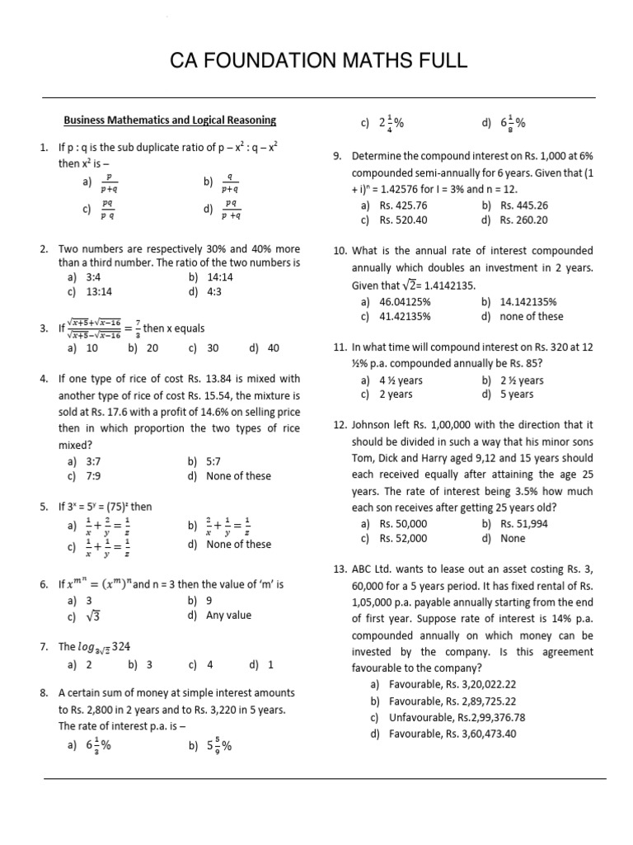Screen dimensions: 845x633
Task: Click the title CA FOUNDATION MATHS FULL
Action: pos(318,60)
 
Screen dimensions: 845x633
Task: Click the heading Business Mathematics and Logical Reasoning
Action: pos(170,120)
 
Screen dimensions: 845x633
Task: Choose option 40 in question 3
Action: pos(274,348)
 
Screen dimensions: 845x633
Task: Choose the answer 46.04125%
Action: pos(405,302)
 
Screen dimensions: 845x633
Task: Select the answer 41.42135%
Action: pos(405,316)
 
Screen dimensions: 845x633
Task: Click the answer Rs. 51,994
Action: pos(524,524)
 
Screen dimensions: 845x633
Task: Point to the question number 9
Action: pos(338,155)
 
